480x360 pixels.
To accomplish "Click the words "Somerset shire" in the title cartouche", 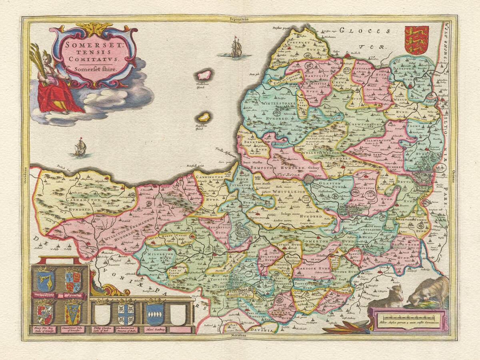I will [x=92, y=69].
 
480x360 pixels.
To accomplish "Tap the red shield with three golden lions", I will [x=416, y=40].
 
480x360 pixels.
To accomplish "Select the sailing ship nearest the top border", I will [x=236, y=47].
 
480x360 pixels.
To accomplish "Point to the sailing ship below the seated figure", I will [x=80, y=147].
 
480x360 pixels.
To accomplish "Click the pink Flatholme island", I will [x=205, y=75].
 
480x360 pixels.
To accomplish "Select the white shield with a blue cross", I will [x=126, y=314].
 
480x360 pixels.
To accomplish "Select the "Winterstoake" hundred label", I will [x=276, y=103].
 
